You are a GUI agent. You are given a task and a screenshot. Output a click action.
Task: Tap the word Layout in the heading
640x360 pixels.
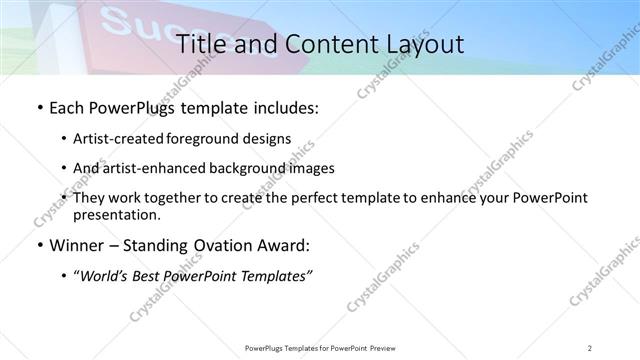tap(419, 45)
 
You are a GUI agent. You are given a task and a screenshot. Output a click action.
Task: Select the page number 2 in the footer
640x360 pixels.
tap(590, 348)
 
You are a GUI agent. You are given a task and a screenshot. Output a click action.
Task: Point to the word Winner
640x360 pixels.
tap(78, 245)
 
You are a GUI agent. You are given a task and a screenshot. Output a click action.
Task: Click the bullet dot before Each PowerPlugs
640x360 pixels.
tap(39, 108)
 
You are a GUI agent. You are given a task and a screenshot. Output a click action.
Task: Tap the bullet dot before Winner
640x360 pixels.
tap(39, 245)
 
